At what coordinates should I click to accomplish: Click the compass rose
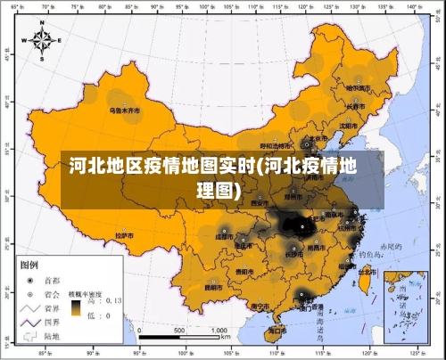[42, 39]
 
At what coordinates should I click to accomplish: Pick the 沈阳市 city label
[347, 126]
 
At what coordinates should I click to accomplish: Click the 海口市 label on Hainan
[277, 330]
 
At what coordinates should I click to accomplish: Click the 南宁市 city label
[260, 306]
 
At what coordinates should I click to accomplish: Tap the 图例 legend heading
[29, 265]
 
